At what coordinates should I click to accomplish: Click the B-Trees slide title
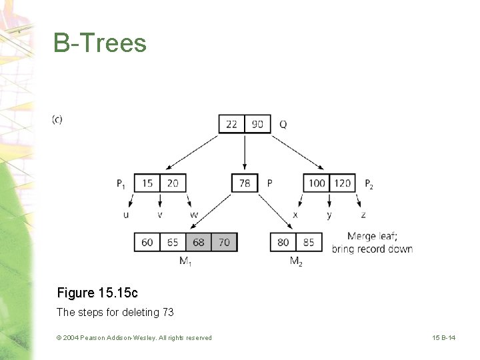100,43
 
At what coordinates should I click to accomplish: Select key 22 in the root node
231,124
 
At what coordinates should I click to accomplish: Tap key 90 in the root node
257,124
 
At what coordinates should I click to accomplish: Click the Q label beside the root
283,125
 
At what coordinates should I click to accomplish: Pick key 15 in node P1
147,183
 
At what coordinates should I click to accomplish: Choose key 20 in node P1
173,183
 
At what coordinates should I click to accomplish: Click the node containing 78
245,183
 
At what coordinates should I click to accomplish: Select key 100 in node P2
317,183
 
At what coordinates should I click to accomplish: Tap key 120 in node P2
343,183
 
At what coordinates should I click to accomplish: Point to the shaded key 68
198,242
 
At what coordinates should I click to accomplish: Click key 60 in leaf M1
147,242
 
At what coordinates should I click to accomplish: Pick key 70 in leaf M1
224,242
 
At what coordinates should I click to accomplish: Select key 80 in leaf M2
283,242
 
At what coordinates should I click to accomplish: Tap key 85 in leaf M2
309,242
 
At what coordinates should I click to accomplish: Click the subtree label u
126,215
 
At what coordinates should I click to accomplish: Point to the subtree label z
363,215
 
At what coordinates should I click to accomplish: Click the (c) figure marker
57,120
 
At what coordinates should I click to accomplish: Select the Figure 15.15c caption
97,293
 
